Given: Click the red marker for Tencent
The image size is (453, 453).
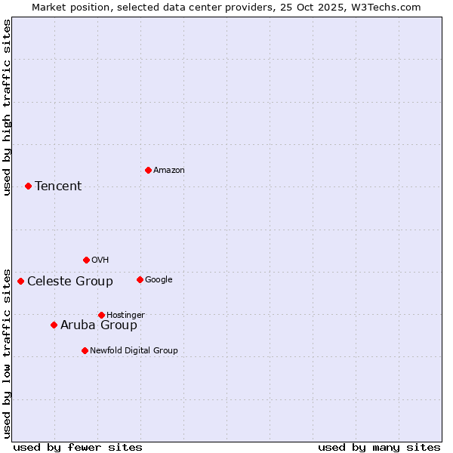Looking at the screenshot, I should click(28, 186).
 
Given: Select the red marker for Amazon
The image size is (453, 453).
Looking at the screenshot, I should click(148, 170).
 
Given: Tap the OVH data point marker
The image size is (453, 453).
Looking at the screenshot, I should click(86, 260).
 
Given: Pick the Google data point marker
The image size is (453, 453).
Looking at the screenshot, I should click(140, 279).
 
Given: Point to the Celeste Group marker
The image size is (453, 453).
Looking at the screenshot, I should click(20, 281).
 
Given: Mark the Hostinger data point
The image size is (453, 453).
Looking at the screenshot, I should click(101, 315).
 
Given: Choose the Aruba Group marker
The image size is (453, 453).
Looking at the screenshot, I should click(54, 325).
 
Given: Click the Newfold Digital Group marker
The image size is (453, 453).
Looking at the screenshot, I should click(85, 350).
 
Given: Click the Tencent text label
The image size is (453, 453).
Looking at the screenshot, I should click(58, 186).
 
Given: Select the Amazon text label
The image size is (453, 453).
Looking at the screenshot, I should click(168, 171).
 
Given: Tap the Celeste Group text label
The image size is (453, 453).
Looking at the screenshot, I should click(70, 282).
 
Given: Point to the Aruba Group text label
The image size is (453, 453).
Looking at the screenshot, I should click(99, 325).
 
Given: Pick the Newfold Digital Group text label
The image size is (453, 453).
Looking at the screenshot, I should click(134, 350).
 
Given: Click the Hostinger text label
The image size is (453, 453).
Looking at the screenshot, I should click(125, 315).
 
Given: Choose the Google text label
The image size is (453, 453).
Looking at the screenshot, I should click(159, 279).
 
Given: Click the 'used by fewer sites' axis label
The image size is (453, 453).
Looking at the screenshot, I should click(78, 447).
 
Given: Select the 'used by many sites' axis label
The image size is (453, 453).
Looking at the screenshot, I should click(379, 447).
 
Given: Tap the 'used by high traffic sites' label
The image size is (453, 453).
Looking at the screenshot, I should click(7, 107).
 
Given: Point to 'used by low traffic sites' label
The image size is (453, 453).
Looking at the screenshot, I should click(7, 353).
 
